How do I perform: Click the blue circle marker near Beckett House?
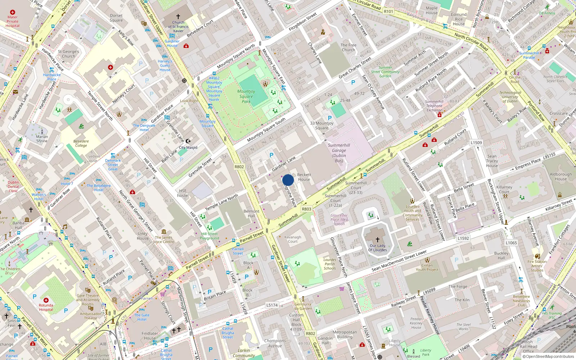pos(288,180)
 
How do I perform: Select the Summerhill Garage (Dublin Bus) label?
pos(339,153)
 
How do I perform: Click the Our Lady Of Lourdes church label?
pos(378,248)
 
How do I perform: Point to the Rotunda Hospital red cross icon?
pos(46,300)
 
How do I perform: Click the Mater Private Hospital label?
pos(12,21)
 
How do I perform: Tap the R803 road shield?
pos(307,209)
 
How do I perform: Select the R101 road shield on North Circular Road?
pos(388,12)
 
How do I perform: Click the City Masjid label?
pos(188,147)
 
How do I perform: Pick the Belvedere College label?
pos(81,143)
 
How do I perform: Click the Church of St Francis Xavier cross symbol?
pos(178,17)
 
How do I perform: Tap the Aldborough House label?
pos(561,176)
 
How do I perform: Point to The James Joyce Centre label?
pos(164,239)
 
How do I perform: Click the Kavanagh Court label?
pos(293,239)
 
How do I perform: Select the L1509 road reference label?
pos(476,143)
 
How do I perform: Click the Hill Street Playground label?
pos(210,236)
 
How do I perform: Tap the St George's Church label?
pos(68,54)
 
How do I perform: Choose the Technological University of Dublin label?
pos(510,97)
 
